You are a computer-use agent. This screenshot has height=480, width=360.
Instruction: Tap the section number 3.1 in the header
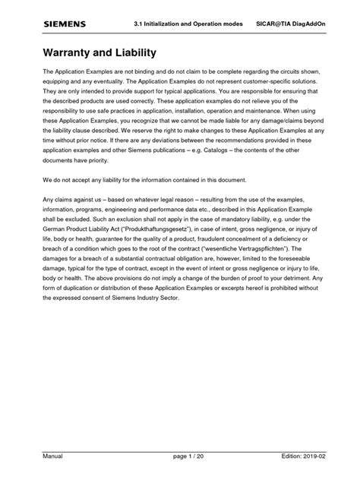coord(139,24)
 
